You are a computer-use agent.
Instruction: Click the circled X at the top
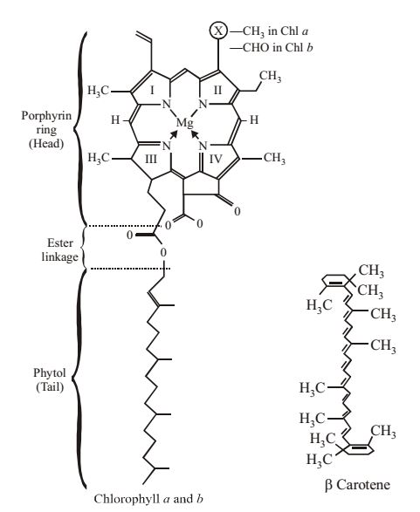coord(218,31)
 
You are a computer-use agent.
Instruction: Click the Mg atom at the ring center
coord(184,123)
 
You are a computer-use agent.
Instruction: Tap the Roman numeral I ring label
coord(152,90)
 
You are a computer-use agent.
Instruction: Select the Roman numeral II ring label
coord(217,90)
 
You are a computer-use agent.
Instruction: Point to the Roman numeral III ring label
coord(151,160)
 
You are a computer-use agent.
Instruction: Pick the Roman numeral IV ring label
coord(216,160)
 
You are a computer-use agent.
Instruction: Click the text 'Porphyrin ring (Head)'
coord(46,130)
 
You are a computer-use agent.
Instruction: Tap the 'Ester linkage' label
coord(60,249)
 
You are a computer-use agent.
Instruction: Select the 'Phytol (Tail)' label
coord(50,379)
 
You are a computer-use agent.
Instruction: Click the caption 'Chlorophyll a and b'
coord(148,499)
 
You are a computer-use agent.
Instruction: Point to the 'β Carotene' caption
coord(357,484)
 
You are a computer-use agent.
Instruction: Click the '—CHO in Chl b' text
coord(272,48)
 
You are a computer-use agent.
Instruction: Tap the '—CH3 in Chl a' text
coord(269,31)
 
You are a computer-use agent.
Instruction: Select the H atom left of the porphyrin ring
coord(115,119)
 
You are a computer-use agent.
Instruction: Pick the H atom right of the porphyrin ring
coord(254,119)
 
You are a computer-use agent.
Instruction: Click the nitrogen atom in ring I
coord(167,104)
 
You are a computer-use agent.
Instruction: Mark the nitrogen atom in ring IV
coord(203,146)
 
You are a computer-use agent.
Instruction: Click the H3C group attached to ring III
coord(99,159)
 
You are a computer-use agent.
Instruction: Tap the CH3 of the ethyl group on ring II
coord(271,76)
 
